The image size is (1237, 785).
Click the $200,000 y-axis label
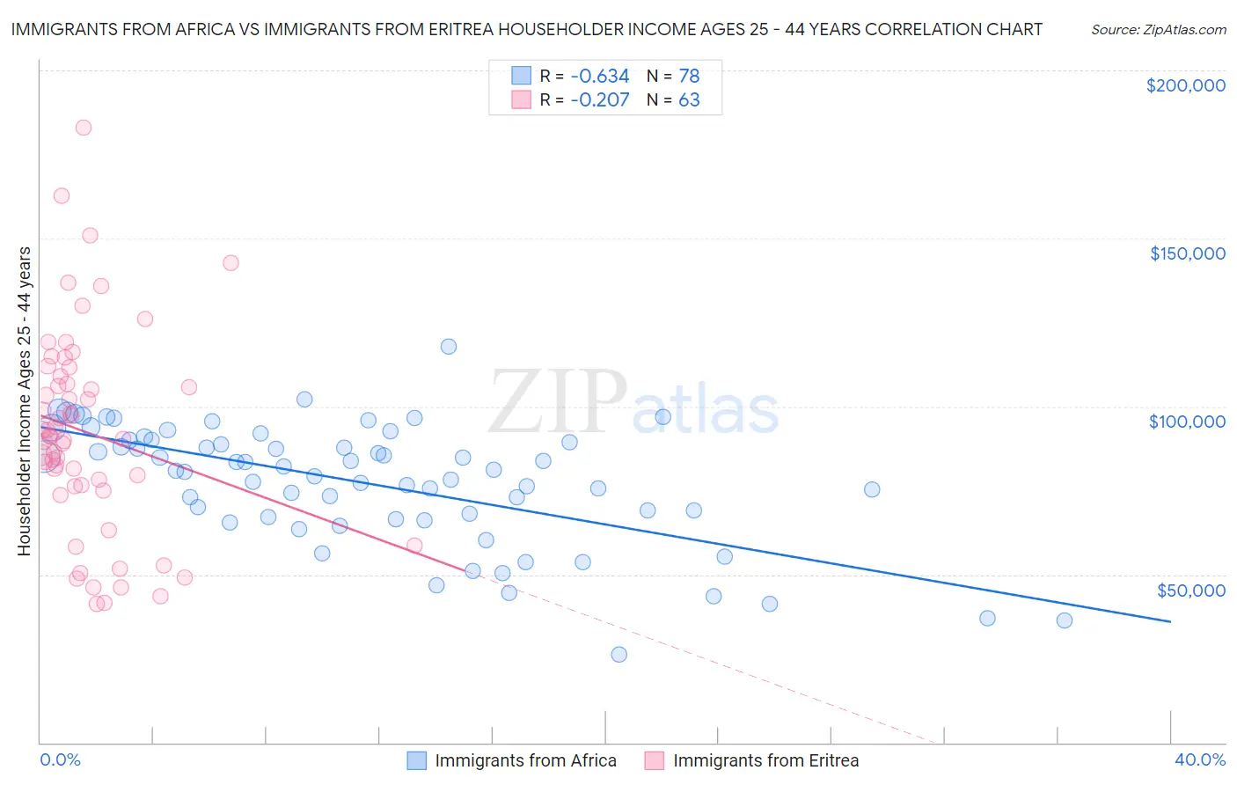click(x=1185, y=85)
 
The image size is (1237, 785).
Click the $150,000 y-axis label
click(x=1187, y=253)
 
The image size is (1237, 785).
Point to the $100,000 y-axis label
click(x=1187, y=422)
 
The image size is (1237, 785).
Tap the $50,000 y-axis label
click(x=1190, y=590)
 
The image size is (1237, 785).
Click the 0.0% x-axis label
click(x=60, y=759)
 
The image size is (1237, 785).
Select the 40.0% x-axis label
click(x=1199, y=759)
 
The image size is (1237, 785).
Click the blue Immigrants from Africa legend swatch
click(x=416, y=760)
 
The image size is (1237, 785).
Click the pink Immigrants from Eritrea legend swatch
click(x=654, y=760)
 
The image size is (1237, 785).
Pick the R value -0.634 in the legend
click(x=599, y=76)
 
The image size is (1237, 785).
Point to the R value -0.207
click(x=599, y=100)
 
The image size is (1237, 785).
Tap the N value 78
click(x=689, y=76)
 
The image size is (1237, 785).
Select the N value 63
click(x=689, y=100)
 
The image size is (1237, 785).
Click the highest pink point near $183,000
click(x=84, y=128)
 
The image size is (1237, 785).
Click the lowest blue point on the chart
click(x=618, y=654)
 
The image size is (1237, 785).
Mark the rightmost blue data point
click(x=1064, y=620)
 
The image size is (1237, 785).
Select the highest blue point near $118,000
click(x=449, y=347)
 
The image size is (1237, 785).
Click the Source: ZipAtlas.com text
click(x=1158, y=29)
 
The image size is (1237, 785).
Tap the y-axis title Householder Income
click(x=25, y=400)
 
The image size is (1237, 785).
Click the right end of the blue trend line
click(x=1170, y=621)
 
